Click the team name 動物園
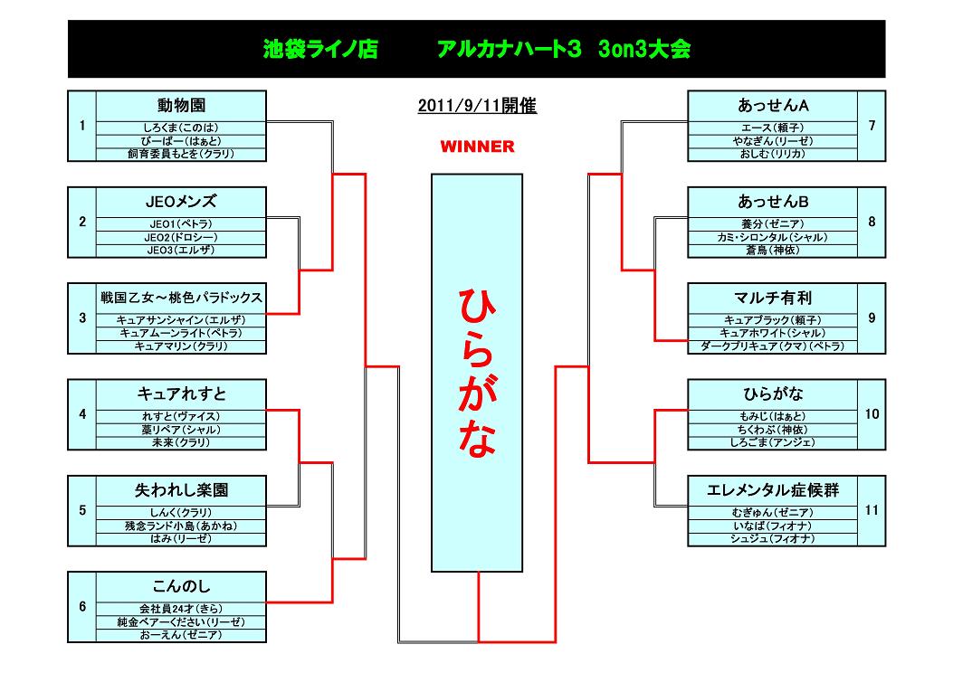[181, 105]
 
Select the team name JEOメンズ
[181, 201]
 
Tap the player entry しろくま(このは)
[181, 128]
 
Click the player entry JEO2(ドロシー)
[181, 237]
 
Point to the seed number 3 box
[82, 318]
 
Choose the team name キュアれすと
[181, 393]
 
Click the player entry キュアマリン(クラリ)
[181, 346]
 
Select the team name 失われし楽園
[181, 490]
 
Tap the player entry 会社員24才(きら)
[181, 609]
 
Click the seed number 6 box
[82, 606]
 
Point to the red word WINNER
[477, 147]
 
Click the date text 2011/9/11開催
[477, 106]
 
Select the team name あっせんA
[773, 105]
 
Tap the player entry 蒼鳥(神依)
[773, 251]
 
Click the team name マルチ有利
[773, 298]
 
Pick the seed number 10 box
[872, 414]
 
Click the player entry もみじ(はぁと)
[773, 416]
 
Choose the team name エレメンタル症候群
[773, 490]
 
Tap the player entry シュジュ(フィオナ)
[773, 539]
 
